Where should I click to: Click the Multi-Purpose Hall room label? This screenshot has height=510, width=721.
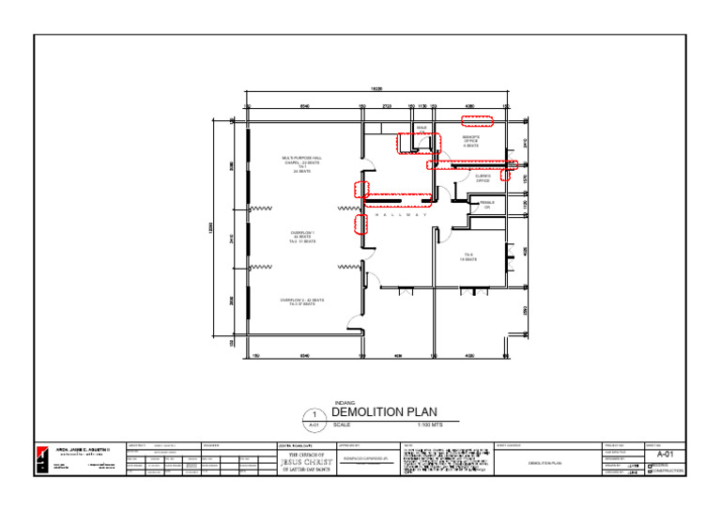301,164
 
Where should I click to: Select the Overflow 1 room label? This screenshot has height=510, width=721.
301,237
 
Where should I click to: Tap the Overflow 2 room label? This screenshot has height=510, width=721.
301,301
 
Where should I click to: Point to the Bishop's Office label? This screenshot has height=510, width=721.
471,141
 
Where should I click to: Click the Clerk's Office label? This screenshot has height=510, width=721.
483,178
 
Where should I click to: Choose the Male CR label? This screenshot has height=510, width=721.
422,128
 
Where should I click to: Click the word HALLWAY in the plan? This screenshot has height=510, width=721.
401,215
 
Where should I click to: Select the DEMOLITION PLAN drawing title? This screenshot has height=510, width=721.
384,412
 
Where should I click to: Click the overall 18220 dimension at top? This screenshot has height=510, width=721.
376,89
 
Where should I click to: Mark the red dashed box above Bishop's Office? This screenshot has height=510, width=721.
477,120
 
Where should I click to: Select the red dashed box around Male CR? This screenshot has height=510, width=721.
419,143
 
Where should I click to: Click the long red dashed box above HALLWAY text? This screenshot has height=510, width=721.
394,195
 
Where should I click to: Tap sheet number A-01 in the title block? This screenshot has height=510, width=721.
664,454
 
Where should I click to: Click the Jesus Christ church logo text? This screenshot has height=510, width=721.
306,460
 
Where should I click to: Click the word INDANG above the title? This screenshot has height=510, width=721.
345,403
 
